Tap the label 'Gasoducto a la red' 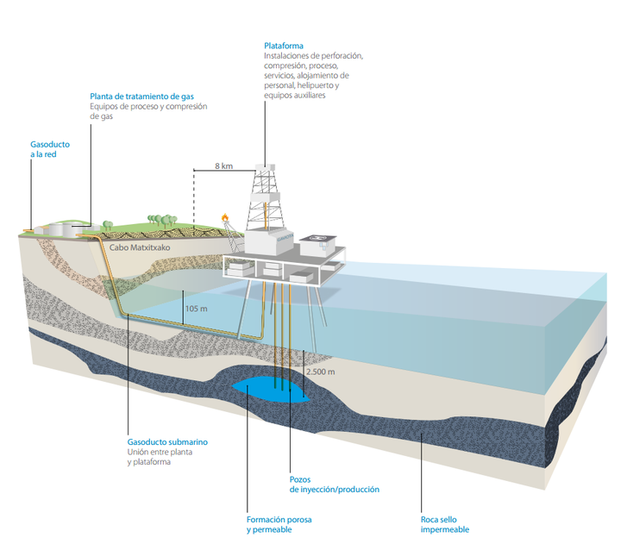tap(50, 148)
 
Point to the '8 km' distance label tap(223, 165)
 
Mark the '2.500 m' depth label tap(320, 372)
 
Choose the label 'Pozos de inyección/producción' tap(334, 484)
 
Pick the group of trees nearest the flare tap(160, 222)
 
